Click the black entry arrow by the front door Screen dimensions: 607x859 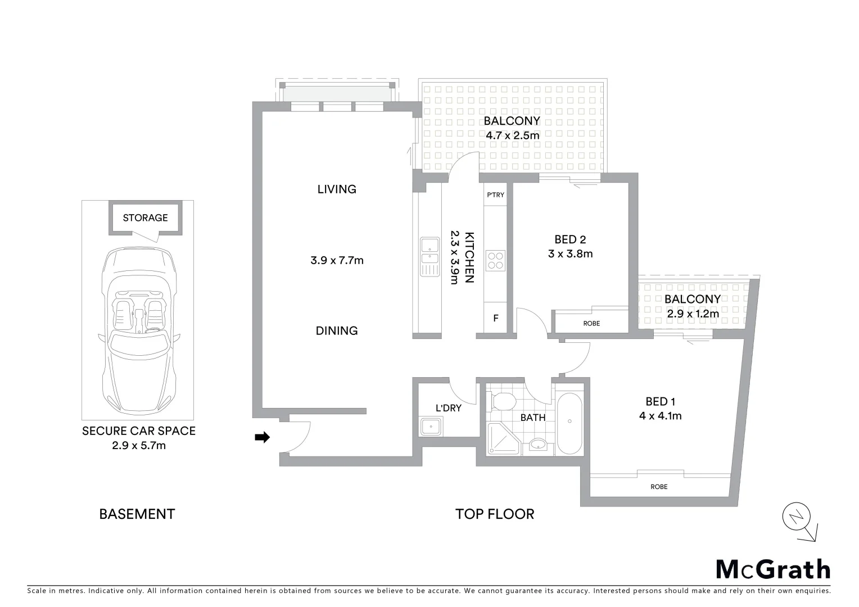262,437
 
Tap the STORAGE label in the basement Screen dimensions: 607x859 145,218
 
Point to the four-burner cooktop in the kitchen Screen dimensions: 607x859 495,261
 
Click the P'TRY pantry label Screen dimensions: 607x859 495,195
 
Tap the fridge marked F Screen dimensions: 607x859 495,318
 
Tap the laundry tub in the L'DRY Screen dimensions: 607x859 431,427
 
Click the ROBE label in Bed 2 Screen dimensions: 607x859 591,323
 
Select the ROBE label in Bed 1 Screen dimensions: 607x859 659,487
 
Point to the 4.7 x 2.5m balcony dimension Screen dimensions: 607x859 512,135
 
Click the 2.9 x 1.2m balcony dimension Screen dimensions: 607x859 693,314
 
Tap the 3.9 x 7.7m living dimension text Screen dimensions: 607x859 337,260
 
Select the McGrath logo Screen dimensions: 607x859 772,569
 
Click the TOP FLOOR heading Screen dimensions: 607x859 494,514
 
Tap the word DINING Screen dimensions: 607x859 336,330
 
